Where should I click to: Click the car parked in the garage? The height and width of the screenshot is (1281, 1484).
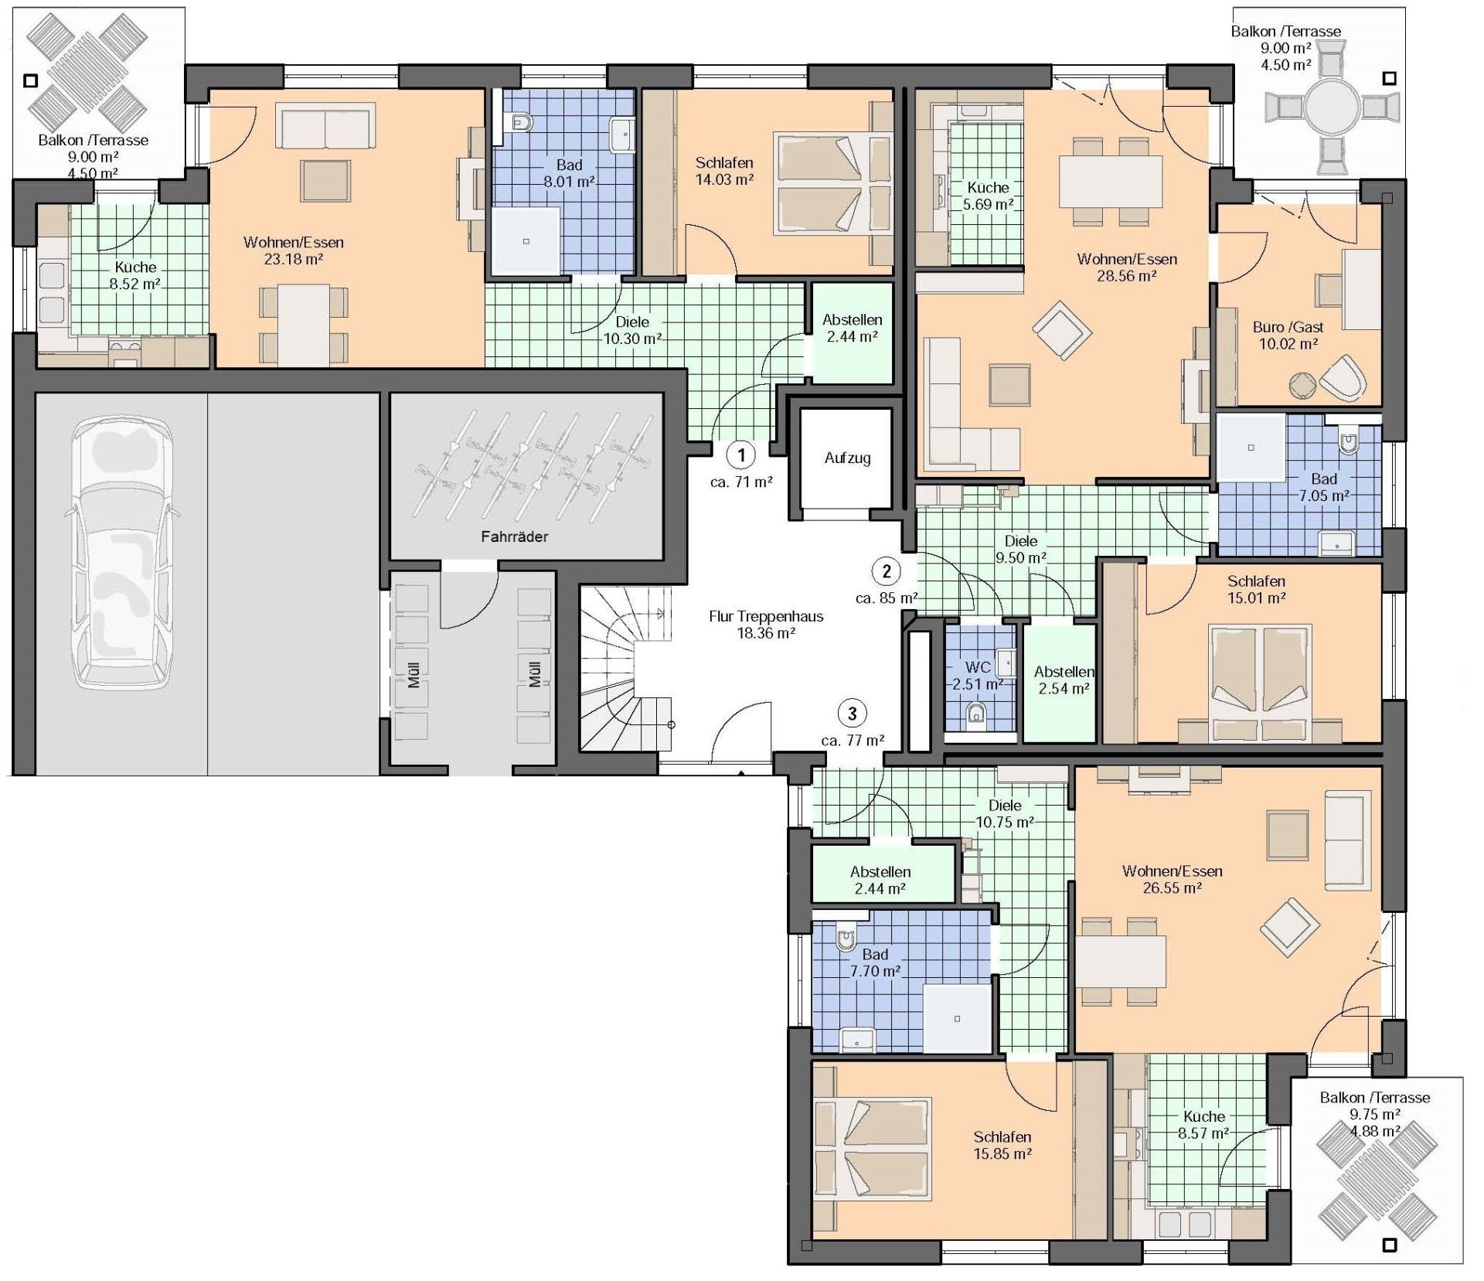[122, 553]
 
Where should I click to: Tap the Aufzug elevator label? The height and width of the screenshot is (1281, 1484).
[847, 458]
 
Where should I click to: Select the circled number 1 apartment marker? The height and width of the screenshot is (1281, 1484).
[741, 455]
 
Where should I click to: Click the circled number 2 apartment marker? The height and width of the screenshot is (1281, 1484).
[886, 571]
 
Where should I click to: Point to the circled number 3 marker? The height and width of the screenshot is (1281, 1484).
[853, 713]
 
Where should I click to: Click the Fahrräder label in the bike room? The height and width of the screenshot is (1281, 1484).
[514, 537]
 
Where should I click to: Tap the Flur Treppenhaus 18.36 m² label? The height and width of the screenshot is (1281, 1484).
[766, 625]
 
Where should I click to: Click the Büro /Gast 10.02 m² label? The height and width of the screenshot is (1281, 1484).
[1288, 336]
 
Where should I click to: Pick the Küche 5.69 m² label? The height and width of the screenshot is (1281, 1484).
[988, 196]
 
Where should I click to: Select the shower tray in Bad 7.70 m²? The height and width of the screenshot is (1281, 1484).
[957, 1018]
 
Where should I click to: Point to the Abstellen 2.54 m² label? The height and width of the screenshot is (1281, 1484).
[1064, 680]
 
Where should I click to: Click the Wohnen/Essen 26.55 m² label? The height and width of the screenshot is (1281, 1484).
[1172, 880]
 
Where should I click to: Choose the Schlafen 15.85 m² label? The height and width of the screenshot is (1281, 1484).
[1002, 1145]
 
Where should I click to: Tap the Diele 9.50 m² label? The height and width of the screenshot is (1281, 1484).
[1021, 550]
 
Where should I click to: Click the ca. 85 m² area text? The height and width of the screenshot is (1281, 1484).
[887, 598]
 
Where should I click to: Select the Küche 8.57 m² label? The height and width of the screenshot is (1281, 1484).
[1203, 1125]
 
